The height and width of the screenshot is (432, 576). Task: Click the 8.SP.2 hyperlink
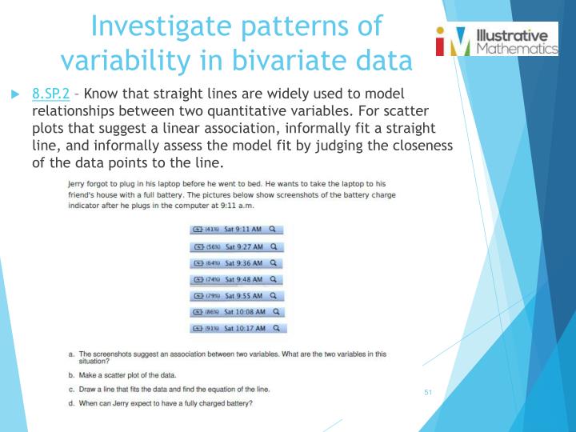(51, 94)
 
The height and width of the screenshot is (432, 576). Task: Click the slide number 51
(428, 392)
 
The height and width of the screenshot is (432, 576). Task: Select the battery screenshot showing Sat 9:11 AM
(237, 229)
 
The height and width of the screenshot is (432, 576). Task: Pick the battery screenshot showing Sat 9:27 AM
(237, 246)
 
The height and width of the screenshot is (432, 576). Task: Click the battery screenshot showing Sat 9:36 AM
(237, 262)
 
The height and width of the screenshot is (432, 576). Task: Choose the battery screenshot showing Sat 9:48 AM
(237, 279)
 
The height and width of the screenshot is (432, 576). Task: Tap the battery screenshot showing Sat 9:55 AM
(237, 295)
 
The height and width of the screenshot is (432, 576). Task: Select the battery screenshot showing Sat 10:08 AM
(237, 311)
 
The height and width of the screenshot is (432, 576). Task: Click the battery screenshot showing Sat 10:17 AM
(237, 328)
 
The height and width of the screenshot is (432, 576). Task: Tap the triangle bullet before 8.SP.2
(14, 94)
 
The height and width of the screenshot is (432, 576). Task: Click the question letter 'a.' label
(72, 354)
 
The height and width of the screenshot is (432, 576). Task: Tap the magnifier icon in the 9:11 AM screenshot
(274, 229)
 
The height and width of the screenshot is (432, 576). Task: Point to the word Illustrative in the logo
(512, 35)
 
